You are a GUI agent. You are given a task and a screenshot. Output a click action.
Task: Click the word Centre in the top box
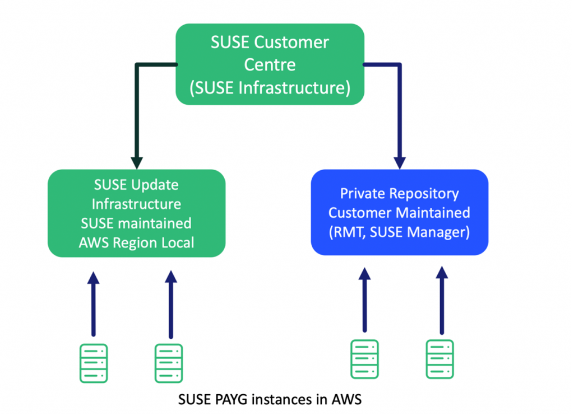click(270, 65)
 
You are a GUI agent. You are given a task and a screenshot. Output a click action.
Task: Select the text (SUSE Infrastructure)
click(270, 88)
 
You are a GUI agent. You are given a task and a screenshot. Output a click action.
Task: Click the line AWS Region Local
click(137, 242)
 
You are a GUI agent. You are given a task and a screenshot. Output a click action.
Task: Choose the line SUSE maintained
click(137, 223)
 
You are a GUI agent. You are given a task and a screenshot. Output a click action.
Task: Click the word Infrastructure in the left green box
click(137, 203)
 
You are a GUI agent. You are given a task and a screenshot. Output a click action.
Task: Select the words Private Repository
click(399, 194)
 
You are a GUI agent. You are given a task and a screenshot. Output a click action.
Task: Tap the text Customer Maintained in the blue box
click(399, 213)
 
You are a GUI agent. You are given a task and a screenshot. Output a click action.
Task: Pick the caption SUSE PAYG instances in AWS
click(270, 400)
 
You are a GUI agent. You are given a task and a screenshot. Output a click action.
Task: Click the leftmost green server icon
click(94, 363)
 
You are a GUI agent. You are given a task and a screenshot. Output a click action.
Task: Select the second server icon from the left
click(169, 363)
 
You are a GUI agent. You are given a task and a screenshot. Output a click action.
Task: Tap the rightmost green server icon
click(440, 359)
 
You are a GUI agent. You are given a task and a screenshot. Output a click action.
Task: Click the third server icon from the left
click(365, 359)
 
